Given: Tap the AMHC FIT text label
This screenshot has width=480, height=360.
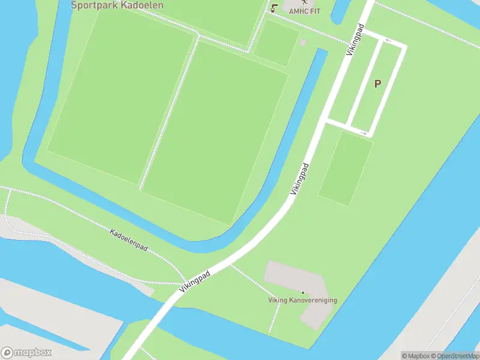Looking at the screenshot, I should point(304,11).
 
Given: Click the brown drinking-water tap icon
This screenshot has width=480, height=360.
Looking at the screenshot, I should point(274,8).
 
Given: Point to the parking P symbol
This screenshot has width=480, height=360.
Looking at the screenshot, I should point(377,84).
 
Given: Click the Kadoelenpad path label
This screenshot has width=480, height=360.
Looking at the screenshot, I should point(129,239).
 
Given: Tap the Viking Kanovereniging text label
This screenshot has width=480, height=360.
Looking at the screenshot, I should point(302,300).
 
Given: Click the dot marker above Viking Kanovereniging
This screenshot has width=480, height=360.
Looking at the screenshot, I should point(302,292).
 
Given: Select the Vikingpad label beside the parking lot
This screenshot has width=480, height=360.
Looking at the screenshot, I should point(355,41).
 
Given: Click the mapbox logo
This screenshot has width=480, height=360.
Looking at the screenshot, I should point(26,353).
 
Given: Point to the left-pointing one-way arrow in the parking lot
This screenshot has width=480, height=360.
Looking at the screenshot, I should point(388,41).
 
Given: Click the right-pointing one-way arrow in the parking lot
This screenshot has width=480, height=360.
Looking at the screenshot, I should point(362,131).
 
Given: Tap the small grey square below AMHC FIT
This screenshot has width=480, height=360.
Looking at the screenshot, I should point(302,43).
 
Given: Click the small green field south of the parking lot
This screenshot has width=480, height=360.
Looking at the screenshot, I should point(346,169).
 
